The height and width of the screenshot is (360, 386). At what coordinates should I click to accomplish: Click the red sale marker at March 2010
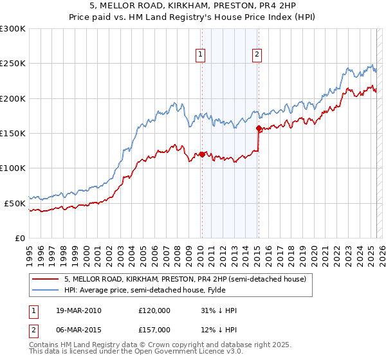click(x=201, y=154)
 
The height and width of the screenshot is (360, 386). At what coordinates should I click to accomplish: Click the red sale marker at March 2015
click(x=258, y=129)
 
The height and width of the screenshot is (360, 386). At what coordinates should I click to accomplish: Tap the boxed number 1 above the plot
click(x=201, y=55)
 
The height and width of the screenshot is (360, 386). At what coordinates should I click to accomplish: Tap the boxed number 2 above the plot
click(x=257, y=55)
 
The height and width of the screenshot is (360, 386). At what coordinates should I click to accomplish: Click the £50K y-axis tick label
click(x=15, y=203)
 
